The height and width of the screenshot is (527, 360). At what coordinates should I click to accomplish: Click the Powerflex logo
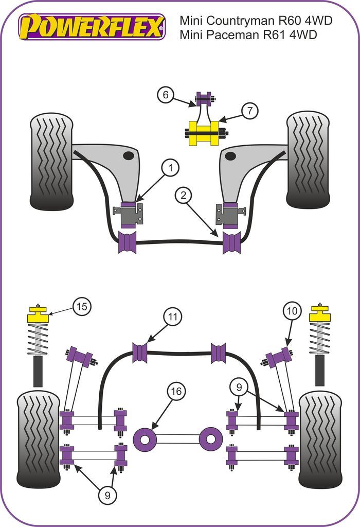[92, 27]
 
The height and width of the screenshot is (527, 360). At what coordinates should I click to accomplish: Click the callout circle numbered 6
[166, 95]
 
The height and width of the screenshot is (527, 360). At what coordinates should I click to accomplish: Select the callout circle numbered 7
[250, 111]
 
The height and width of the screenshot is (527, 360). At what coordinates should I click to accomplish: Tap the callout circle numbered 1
[170, 167]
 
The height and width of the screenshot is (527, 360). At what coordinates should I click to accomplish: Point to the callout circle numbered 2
[183, 196]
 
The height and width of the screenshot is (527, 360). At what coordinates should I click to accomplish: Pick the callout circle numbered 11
[173, 317]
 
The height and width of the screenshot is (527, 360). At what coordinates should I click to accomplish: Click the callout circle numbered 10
[292, 311]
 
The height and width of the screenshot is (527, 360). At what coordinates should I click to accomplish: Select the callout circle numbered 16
[176, 392]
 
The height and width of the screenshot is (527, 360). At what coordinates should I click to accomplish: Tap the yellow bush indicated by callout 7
[204, 133]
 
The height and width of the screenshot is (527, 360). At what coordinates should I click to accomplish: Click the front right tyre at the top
[308, 160]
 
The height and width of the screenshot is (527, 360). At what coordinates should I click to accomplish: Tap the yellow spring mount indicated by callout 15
[38, 315]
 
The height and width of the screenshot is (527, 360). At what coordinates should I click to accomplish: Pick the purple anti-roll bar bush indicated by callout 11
[140, 353]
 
